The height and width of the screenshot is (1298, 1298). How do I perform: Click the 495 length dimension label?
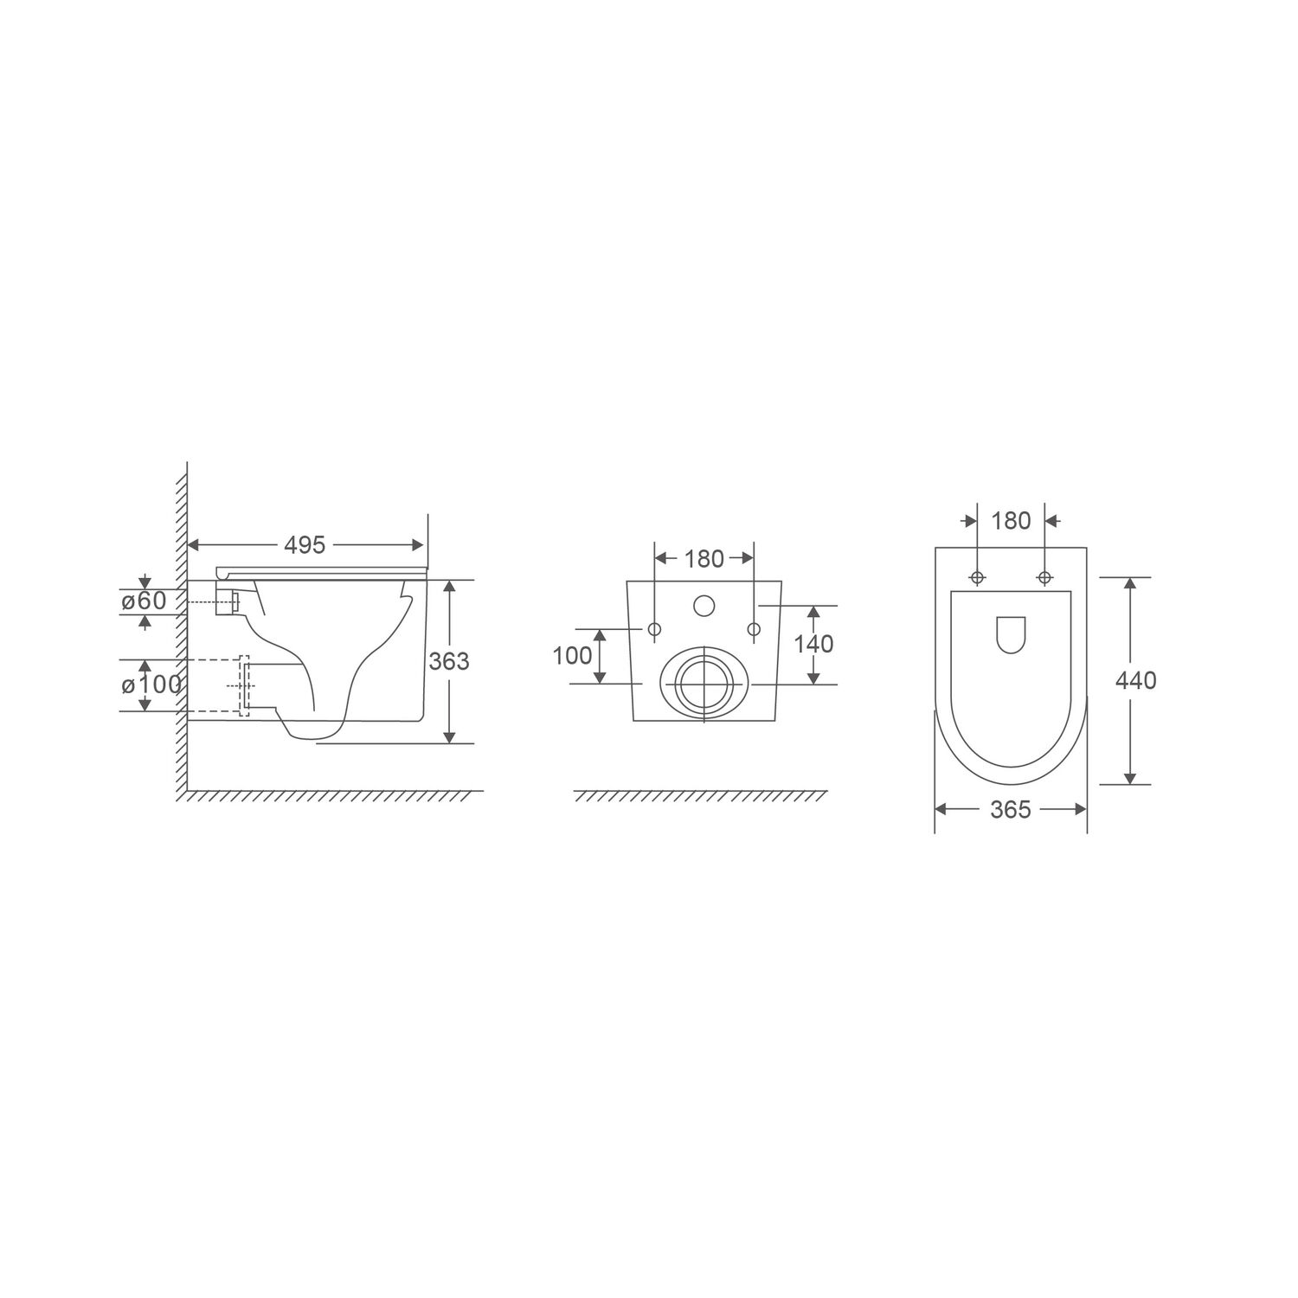click(x=305, y=545)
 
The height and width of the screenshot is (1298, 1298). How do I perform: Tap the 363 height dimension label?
click(x=449, y=661)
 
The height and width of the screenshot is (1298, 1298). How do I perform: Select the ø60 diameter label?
click(x=144, y=601)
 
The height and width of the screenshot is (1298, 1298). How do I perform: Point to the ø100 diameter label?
click(x=151, y=685)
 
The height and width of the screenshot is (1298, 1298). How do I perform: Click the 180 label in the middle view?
click(x=704, y=560)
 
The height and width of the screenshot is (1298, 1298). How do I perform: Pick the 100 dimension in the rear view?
click(x=573, y=656)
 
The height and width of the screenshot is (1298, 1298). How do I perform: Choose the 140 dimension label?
click(x=813, y=644)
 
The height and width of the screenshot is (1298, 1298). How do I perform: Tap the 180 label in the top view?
click(x=1011, y=521)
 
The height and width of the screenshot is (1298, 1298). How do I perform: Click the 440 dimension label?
click(x=1135, y=681)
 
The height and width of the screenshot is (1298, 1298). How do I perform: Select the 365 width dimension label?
click(x=1011, y=809)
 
